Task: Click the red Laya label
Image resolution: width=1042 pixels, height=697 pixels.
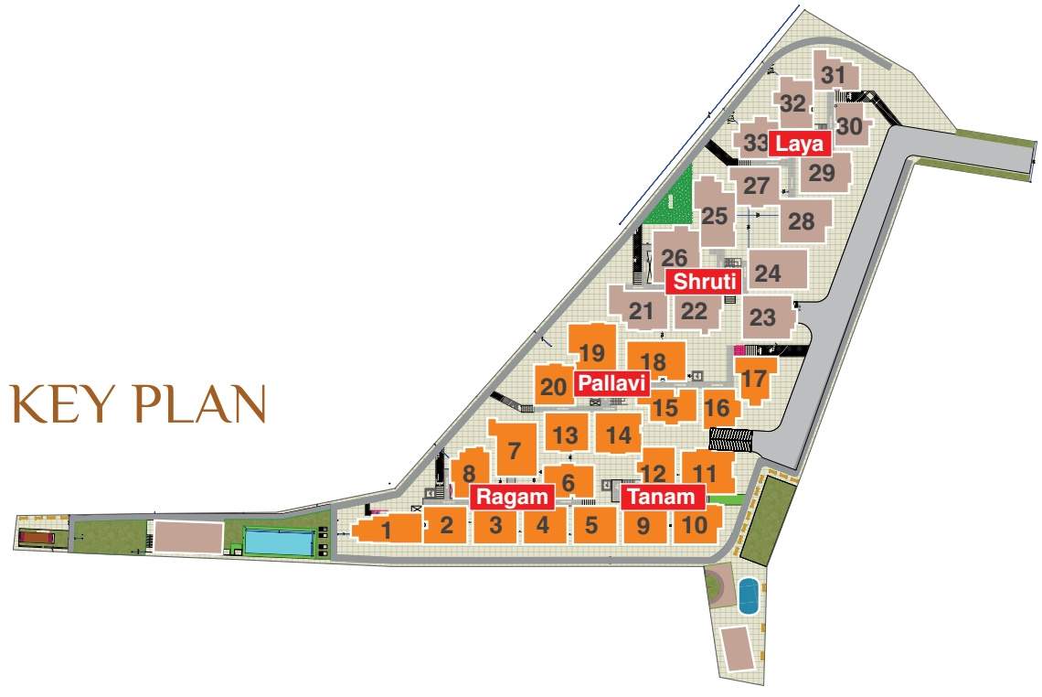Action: (800, 144)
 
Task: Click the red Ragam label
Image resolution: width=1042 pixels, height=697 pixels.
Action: (513, 497)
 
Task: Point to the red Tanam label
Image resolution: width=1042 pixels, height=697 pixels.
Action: (663, 497)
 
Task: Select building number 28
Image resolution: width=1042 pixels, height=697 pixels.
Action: (802, 220)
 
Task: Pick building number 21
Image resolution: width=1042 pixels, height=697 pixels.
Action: (642, 311)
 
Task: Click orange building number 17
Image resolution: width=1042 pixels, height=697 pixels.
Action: (755, 378)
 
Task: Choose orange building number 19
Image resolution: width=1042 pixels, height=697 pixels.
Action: (592, 352)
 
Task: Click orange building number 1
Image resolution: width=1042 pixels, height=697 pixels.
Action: (387, 529)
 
